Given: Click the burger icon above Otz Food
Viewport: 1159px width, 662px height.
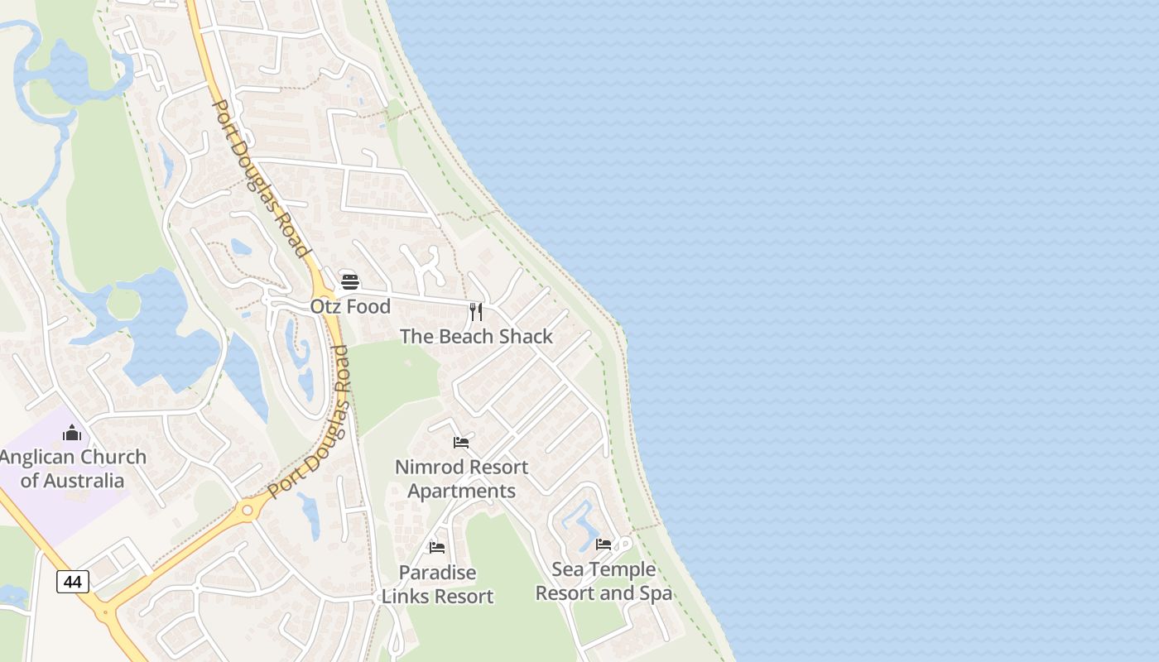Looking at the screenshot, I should pos(349,281).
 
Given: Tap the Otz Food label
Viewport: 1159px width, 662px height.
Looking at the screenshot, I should pos(350,306).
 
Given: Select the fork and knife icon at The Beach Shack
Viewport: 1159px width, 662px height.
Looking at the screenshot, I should pos(476,312).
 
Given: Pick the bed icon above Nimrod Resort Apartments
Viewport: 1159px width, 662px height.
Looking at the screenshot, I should pos(461,443).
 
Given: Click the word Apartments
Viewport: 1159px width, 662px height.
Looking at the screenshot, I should pos(461,491).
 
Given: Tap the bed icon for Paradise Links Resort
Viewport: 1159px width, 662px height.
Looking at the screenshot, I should pos(437,547).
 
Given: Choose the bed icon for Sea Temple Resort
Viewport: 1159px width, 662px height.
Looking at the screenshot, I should pos(604,544).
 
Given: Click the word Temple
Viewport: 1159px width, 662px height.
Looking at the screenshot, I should pos(622,570).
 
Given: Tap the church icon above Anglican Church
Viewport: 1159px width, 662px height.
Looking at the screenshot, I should pos(72,433).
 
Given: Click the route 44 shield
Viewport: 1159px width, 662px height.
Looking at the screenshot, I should pos(73,582).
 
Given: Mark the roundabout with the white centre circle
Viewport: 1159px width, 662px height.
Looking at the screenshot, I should pos(246,511).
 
